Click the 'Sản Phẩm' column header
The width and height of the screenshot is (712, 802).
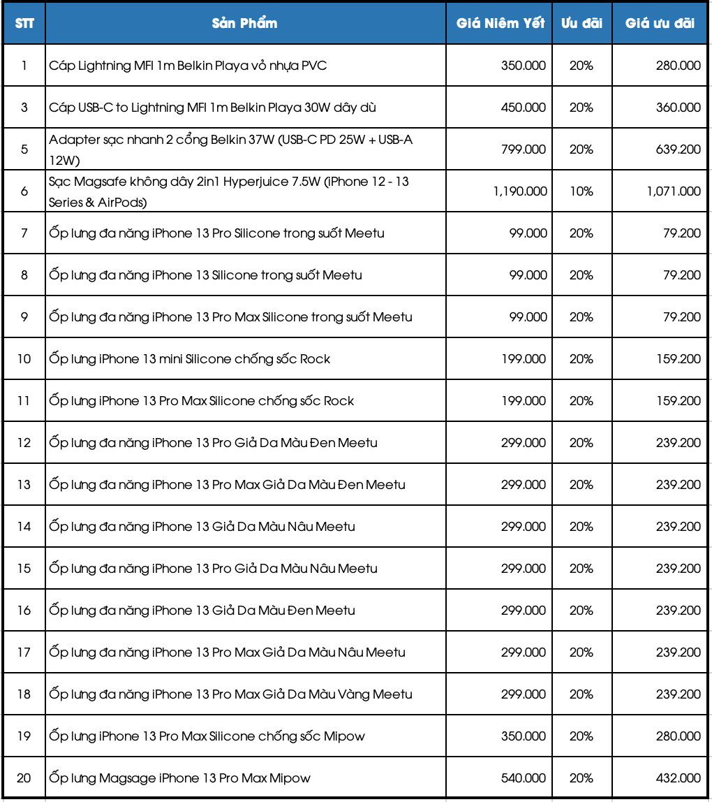click(x=244, y=23)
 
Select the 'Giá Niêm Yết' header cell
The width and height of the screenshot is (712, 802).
click(x=500, y=23)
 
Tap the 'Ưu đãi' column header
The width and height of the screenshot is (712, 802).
click(x=581, y=23)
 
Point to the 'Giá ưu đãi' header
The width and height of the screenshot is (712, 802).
click(x=660, y=23)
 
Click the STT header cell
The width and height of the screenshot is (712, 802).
click(x=24, y=23)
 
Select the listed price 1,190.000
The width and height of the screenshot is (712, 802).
click(x=520, y=191)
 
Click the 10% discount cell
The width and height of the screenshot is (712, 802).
click(x=581, y=191)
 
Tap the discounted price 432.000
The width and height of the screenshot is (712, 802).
click(x=678, y=778)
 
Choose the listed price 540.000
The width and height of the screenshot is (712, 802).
click(x=524, y=778)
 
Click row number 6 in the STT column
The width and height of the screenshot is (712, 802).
click(x=24, y=191)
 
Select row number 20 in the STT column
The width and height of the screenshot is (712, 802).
click(x=24, y=778)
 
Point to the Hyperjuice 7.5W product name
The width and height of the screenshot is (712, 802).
click(x=229, y=191)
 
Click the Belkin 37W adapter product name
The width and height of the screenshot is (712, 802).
click(x=230, y=149)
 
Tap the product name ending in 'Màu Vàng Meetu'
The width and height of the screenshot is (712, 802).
click(x=230, y=694)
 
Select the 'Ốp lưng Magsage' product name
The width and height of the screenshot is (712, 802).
click(x=179, y=778)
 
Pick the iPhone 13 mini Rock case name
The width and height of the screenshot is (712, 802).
click(x=189, y=358)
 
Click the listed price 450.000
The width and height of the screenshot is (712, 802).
click(x=524, y=107)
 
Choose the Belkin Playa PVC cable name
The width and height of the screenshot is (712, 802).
click(x=188, y=65)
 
